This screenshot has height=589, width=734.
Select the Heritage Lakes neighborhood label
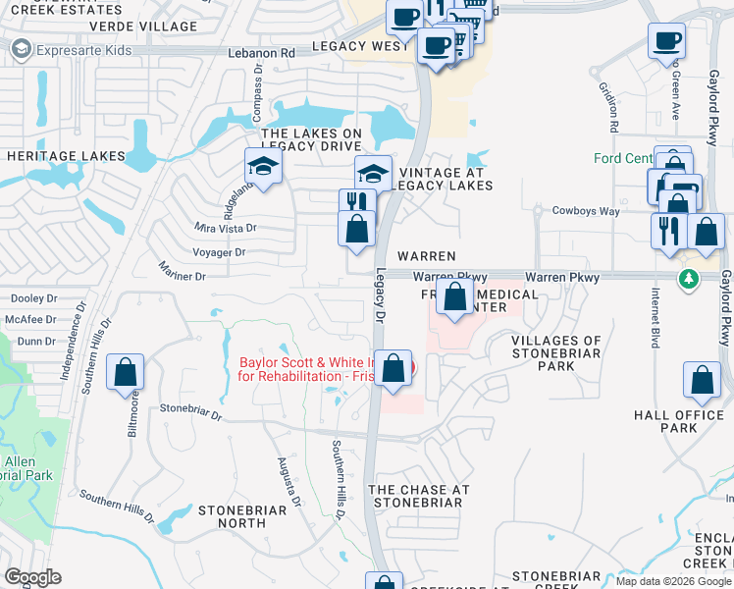click(x=67, y=156)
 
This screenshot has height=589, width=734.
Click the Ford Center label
click(x=623, y=158)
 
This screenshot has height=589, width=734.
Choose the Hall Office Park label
click(x=679, y=422)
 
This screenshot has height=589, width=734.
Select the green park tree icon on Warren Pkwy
click(x=690, y=281)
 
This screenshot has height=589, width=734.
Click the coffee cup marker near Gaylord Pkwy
click(x=666, y=41)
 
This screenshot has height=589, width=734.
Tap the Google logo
click(x=32, y=577)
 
